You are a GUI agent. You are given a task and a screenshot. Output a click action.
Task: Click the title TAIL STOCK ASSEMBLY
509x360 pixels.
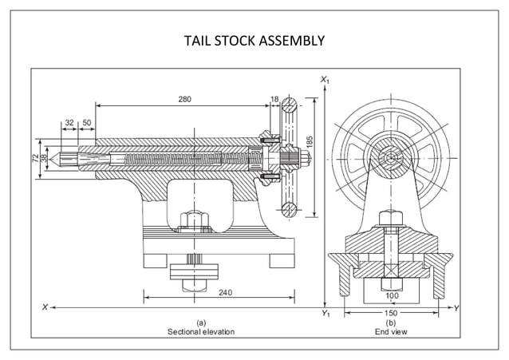(x=254, y=40)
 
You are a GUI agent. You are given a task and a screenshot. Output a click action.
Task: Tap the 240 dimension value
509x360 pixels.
(x=225, y=293)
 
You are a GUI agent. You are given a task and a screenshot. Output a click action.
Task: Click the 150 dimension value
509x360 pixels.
(x=391, y=314)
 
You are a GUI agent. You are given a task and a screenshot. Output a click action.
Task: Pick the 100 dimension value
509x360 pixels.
(x=391, y=295)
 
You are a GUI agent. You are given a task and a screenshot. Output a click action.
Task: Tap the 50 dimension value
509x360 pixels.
(x=86, y=123)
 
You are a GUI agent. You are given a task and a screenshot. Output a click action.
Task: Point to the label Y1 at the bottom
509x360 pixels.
(x=325, y=315)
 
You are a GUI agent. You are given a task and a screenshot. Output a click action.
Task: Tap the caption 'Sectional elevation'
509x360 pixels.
(x=201, y=331)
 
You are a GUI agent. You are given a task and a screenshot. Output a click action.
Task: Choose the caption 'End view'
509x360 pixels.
(x=391, y=331)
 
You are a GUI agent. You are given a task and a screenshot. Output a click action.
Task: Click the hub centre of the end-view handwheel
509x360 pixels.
(x=391, y=159)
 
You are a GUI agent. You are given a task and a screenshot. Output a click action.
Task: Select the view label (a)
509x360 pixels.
(x=201, y=322)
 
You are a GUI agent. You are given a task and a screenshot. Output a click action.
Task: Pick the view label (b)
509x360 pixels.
(x=391, y=322)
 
